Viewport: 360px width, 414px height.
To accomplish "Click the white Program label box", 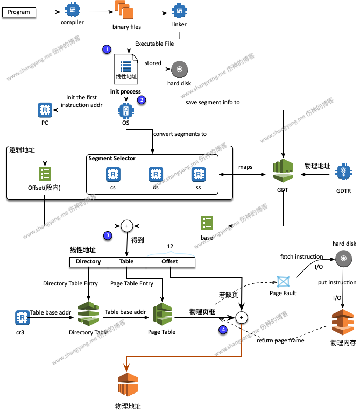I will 19,12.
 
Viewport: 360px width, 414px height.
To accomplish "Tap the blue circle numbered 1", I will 107,49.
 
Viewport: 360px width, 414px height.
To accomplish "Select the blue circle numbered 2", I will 142,100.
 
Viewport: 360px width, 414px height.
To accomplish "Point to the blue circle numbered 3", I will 108,235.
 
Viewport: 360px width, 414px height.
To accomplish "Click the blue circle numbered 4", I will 223,329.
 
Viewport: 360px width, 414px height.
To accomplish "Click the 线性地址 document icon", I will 126,69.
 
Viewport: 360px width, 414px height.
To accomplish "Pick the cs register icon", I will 113,174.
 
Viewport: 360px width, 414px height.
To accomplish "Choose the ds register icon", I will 156,174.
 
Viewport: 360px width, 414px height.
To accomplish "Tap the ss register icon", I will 199,174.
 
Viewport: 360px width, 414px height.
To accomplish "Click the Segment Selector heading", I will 112,159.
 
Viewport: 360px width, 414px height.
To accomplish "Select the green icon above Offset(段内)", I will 45,174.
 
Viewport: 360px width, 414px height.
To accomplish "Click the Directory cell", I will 88,262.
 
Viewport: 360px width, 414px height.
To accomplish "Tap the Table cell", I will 126,262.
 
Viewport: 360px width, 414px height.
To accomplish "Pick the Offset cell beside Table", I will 170,262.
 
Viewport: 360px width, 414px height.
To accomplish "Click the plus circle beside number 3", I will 126,226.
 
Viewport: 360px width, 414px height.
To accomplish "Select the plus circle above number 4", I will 241,317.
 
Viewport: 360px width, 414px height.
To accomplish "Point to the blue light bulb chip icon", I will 343,172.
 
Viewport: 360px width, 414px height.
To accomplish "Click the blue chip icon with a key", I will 125,111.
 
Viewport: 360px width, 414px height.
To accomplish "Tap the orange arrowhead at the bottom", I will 127,367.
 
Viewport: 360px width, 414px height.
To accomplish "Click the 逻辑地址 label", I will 22,150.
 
